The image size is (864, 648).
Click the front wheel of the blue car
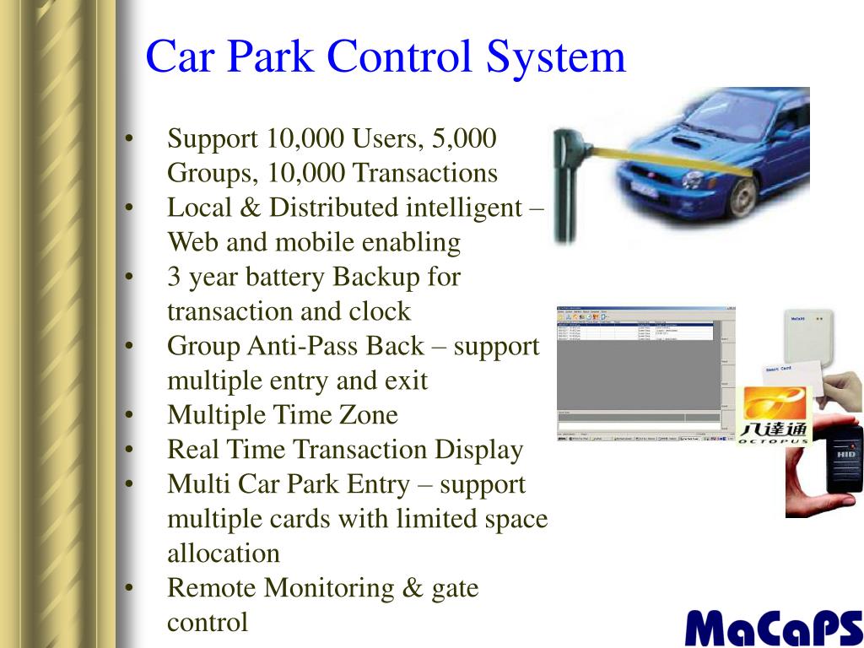[742, 197]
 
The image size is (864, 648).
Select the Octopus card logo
[774, 413]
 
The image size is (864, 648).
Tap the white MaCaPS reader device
[808, 338]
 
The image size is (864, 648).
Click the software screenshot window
[640, 373]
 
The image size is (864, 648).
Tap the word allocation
[224, 553]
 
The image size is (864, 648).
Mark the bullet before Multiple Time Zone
[128, 415]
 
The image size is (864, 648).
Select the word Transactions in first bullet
[424, 173]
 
